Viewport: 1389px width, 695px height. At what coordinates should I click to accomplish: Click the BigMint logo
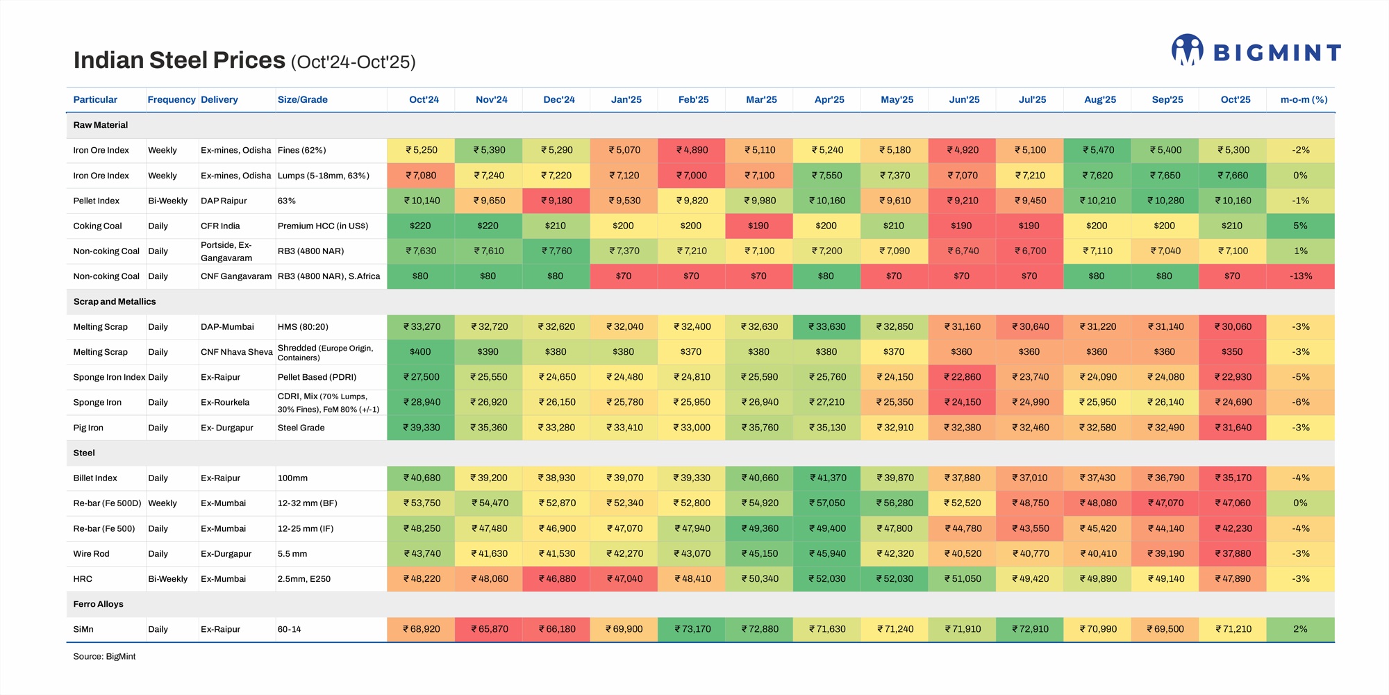point(1256,51)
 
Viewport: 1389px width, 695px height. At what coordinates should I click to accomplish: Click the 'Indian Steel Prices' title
point(179,60)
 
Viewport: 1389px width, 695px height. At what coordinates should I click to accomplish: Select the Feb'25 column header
point(693,100)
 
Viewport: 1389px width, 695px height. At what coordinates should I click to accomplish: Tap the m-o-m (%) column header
point(1304,100)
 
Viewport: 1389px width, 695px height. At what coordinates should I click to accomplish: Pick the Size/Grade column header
point(302,100)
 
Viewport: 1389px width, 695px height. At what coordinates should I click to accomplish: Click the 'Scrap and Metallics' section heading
point(115,302)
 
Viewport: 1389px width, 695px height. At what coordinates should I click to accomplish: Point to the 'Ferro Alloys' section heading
point(98,604)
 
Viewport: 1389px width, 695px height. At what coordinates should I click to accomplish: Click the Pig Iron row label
point(88,428)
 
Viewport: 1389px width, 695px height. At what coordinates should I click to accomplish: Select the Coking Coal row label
point(97,226)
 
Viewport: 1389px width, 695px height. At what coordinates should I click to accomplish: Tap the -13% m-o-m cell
point(1301,276)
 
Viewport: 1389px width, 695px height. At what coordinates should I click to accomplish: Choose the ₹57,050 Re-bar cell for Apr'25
point(827,503)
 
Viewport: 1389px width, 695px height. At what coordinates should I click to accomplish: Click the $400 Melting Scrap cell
point(420,352)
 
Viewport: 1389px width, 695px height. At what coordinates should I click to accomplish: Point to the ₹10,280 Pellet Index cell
point(1165,201)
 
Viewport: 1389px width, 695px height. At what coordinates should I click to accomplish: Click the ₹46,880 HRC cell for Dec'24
point(558,579)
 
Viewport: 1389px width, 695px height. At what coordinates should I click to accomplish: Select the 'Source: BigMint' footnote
point(104,657)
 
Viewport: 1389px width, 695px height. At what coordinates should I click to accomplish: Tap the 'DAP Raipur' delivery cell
point(224,201)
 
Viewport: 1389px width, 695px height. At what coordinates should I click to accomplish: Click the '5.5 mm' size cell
point(292,554)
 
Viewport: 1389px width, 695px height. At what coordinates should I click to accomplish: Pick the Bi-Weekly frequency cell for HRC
point(167,579)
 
